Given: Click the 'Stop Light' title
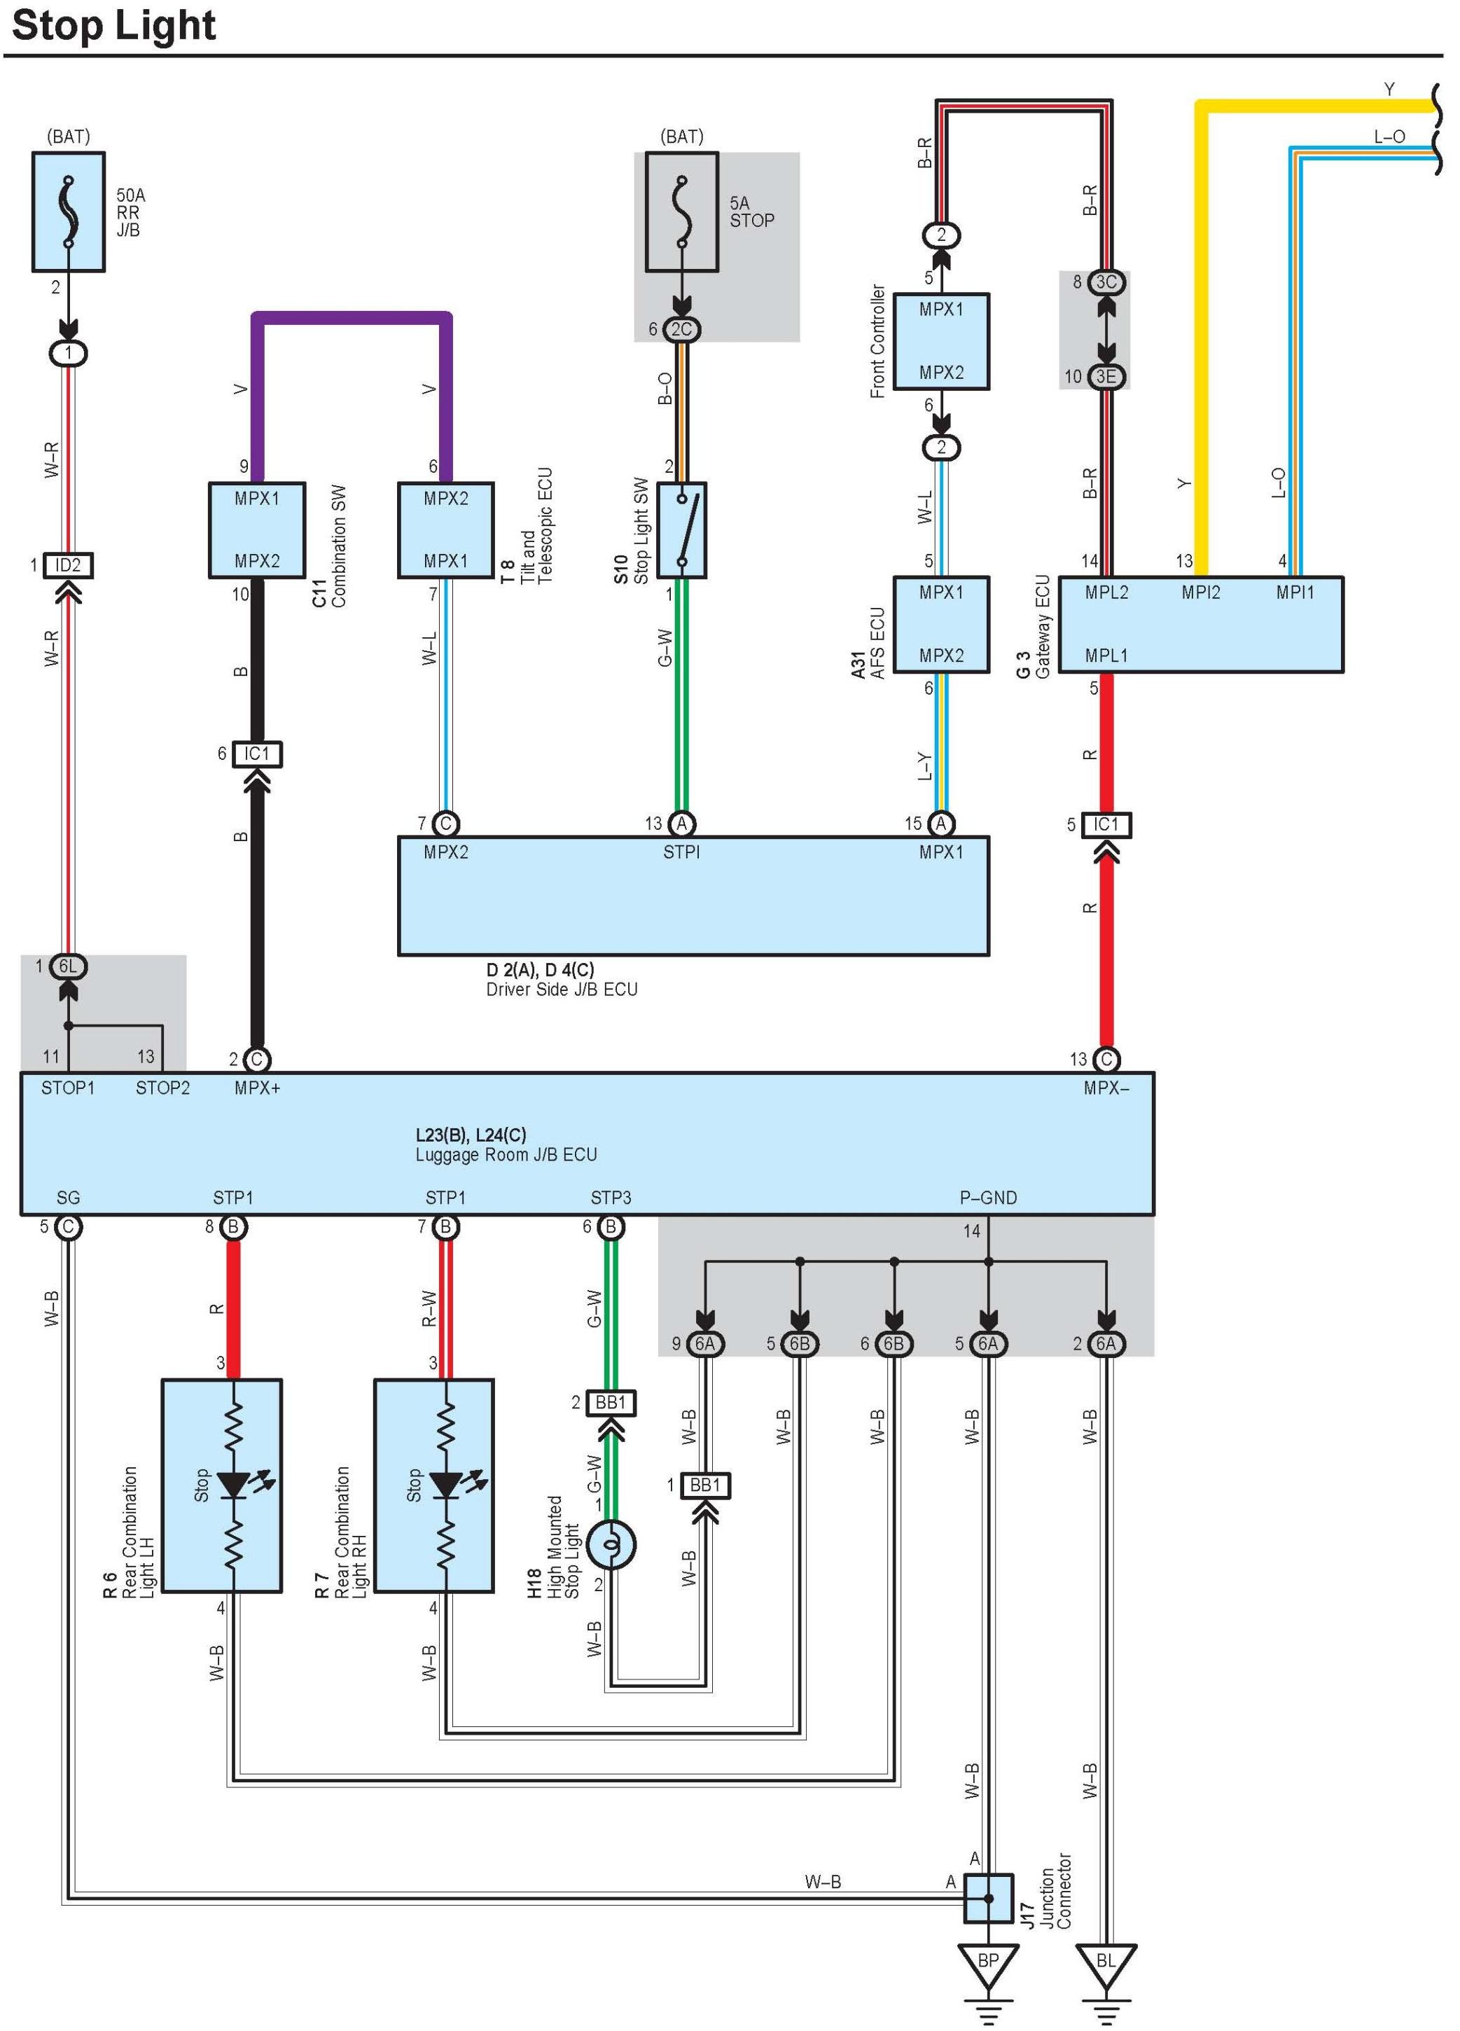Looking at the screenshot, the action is point(113,25).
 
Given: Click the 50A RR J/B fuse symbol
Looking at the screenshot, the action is point(69,212).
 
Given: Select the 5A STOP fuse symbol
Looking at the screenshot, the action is point(682,212).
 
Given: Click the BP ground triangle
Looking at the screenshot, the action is point(988,1964).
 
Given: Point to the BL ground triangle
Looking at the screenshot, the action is point(1106,1964).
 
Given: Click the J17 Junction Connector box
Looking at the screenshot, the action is point(988,1899).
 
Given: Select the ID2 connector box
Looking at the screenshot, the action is point(68,565).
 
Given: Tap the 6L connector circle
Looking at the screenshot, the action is point(68,966).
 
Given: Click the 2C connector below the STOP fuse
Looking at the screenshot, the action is point(682,330).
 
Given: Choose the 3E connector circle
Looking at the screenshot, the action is point(1106,377).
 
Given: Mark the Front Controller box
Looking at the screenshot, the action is point(942,341).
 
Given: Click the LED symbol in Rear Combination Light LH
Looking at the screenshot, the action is point(235,1485).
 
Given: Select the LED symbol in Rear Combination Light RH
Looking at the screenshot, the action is point(447,1485).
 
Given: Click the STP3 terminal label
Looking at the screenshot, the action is point(611,1198).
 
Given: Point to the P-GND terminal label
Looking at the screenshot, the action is point(988,1198).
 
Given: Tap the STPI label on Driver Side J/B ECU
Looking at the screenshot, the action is point(681,852).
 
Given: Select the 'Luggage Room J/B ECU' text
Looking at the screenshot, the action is point(506,1155).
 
